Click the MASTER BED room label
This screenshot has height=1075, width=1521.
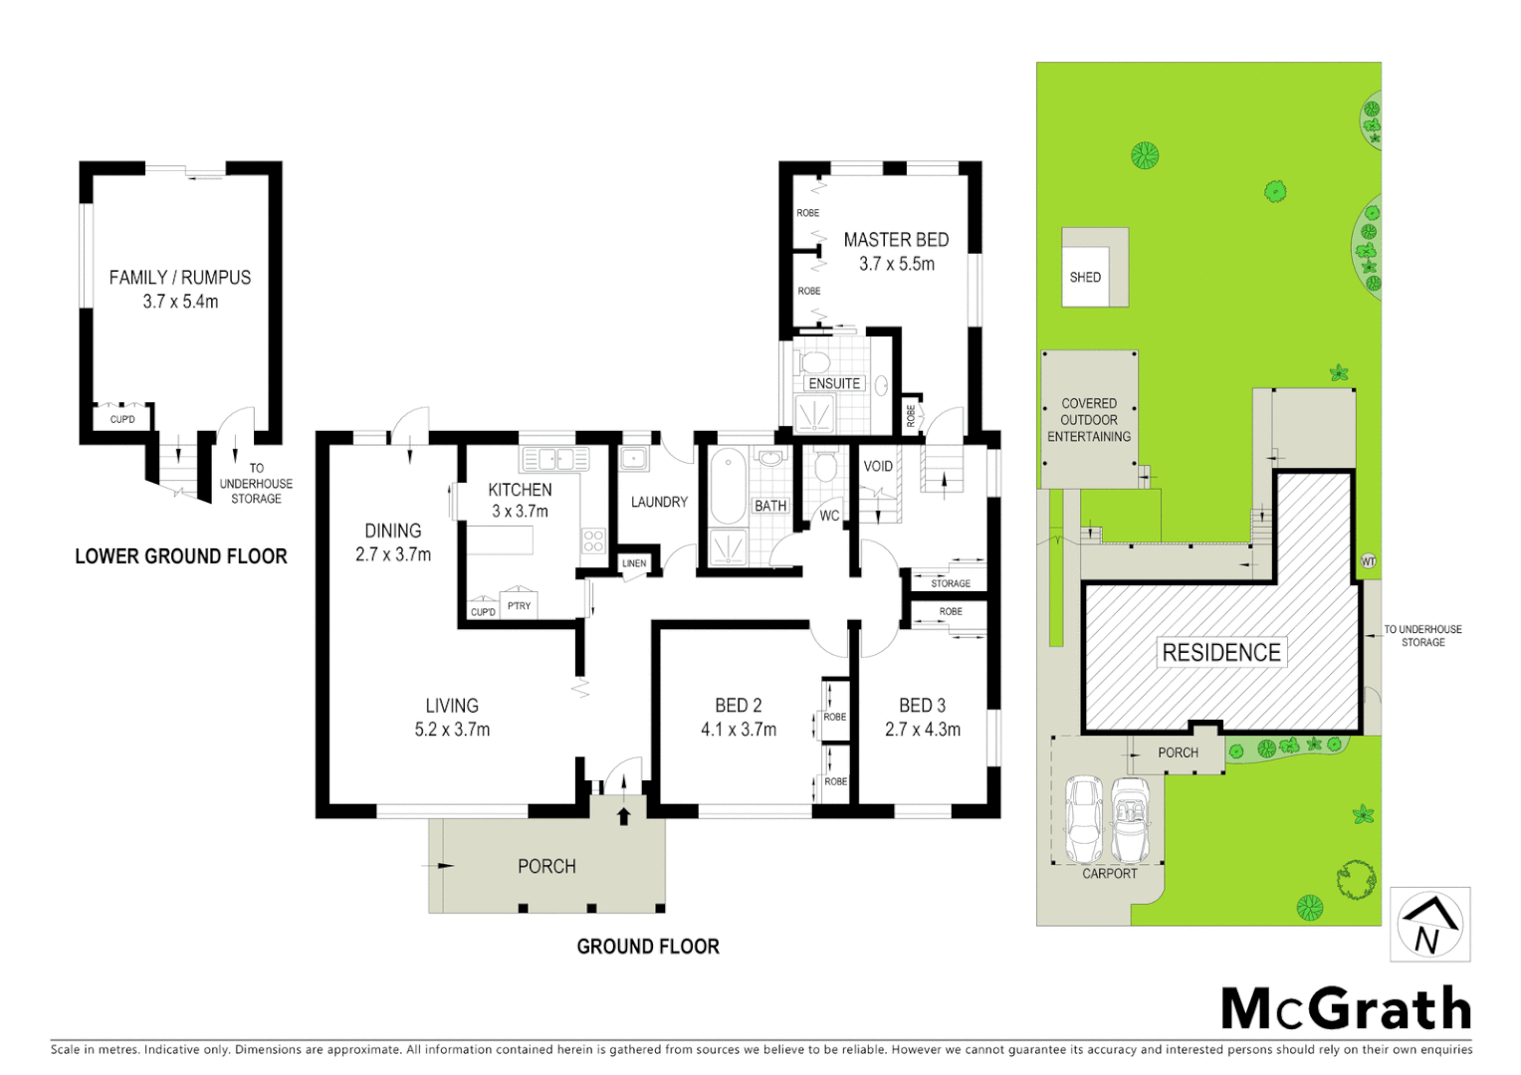click(x=896, y=240)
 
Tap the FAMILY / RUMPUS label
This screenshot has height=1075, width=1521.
click(x=180, y=278)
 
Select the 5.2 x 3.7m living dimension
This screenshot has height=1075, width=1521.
click(x=452, y=730)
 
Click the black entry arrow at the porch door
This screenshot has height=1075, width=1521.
click(x=624, y=816)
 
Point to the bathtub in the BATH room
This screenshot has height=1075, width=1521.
click(x=729, y=487)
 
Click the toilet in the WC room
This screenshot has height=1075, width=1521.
click(x=825, y=467)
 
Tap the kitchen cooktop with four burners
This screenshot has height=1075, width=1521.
click(x=593, y=540)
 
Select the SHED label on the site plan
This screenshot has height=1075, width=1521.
click(x=1085, y=278)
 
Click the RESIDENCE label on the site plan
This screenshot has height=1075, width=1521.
click(x=1221, y=653)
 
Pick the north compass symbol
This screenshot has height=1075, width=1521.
click(x=1429, y=925)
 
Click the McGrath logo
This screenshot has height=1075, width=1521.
click(x=1346, y=1009)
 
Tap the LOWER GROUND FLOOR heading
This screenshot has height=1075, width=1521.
click(x=181, y=556)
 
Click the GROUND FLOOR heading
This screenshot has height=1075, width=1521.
click(x=648, y=947)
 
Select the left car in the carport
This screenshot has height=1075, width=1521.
click(x=1084, y=818)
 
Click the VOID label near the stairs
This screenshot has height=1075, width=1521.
click(x=878, y=466)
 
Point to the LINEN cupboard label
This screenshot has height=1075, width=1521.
click(x=634, y=563)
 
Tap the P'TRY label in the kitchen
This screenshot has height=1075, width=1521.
click(x=519, y=605)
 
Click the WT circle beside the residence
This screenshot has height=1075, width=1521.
click(x=1369, y=562)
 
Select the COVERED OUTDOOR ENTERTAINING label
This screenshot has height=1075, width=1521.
click(x=1089, y=420)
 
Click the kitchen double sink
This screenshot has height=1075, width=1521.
click(x=555, y=459)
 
